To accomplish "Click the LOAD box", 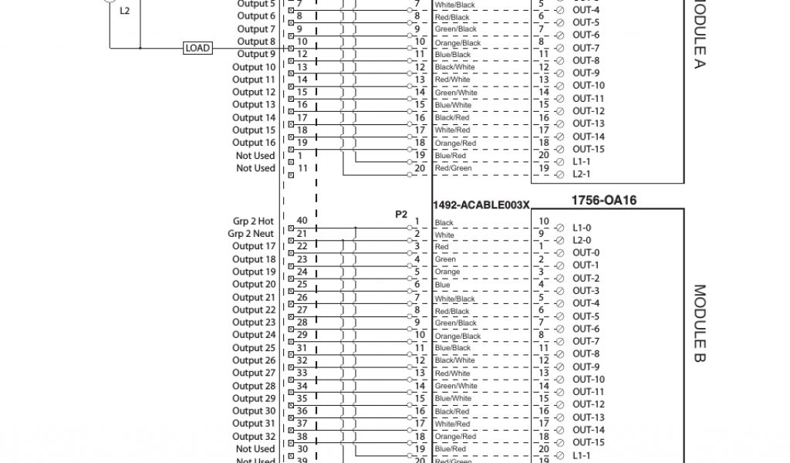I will [x=197, y=48].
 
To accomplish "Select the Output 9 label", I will [x=256, y=54].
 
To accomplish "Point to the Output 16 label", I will [x=254, y=143].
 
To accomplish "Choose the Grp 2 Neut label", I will [x=251, y=234].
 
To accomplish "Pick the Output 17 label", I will [x=254, y=247].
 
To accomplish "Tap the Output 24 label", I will [x=254, y=335].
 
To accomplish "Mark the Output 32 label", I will [x=254, y=436].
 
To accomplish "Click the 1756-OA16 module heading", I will [x=603, y=201].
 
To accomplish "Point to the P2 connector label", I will [x=401, y=214].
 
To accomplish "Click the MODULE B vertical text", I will [x=699, y=326].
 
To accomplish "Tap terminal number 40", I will [x=302, y=221].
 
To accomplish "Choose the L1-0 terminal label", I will [x=582, y=228].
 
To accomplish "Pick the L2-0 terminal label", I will [x=582, y=241].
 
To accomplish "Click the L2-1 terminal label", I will [x=582, y=174].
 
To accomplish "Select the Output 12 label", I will [x=254, y=92].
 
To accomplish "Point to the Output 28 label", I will [x=254, y=386].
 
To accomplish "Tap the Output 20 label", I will [x=254, y=285].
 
